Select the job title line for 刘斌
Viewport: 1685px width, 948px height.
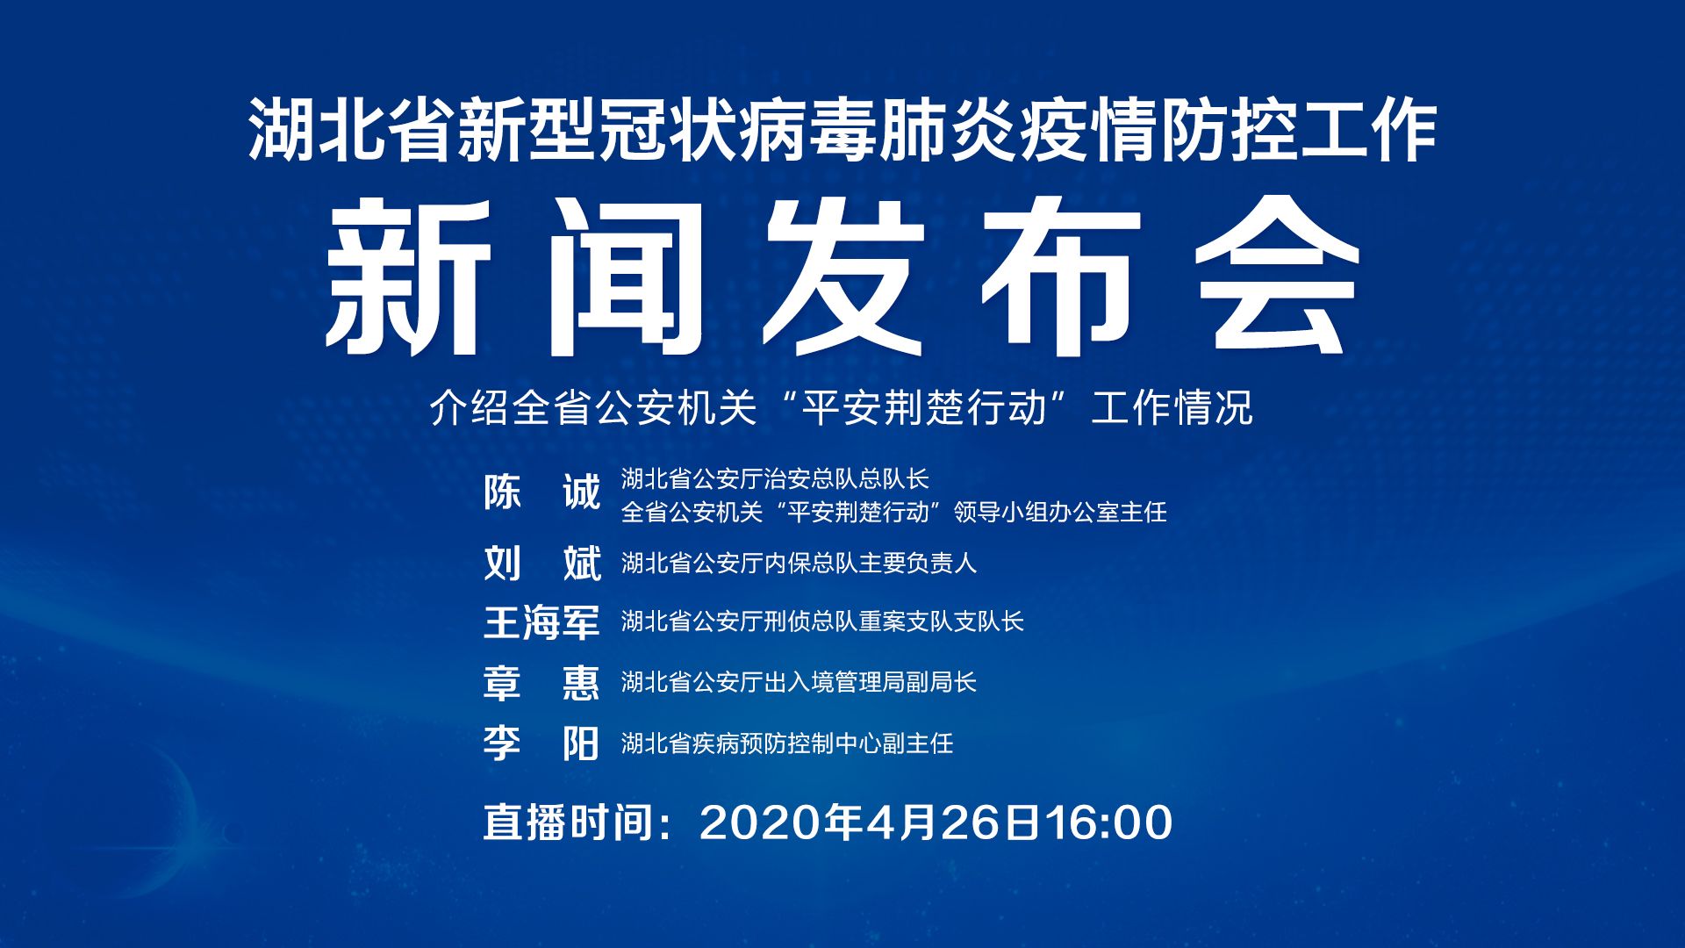[799, 563]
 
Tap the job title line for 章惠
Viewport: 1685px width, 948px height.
[799, 682]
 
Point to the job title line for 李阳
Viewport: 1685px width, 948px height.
[787, 743]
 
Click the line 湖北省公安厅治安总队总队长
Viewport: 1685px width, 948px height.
[775, 478]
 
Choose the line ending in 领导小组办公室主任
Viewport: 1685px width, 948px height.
[894, 512]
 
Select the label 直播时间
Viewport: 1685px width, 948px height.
[568, 822]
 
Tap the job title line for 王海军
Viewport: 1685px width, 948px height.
[822, 621]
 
